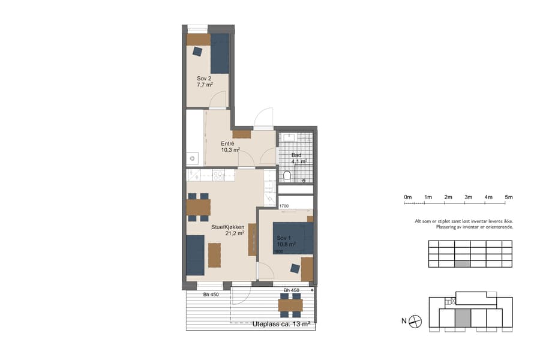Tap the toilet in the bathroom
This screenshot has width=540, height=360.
pos(287,175)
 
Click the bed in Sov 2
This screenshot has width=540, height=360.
pos(220,53)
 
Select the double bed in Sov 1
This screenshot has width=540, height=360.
pos(293,238)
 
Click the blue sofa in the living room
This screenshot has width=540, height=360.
pos(195,254)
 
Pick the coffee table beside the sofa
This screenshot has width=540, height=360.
pos(214,254)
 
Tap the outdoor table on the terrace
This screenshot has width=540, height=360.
pos(290,305)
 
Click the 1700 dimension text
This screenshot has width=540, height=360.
pos(284,206)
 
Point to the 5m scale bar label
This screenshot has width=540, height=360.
pos(508,197)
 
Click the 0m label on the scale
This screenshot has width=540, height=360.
pos(408,197)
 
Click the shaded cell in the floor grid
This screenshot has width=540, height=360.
pos(462,263)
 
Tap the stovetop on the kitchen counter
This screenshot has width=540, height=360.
pos(218,175)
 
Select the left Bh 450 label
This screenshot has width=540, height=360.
pos(210,294)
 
